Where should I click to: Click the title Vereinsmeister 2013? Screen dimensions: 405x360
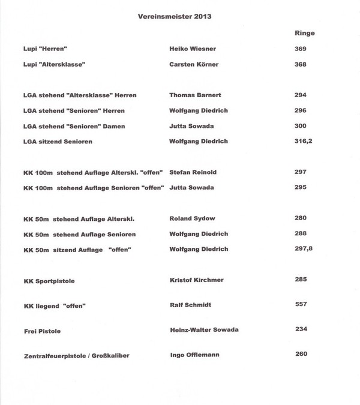pos(174,17)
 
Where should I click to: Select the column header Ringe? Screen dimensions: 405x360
pos(305,33)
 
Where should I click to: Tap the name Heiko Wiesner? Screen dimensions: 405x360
pos(192,49)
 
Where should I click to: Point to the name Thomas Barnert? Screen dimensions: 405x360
pos(194,95)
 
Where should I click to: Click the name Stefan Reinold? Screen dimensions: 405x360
pos(193,172)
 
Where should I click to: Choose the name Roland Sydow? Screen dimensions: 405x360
pos(192,219)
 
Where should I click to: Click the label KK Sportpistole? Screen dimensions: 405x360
pos(49,281)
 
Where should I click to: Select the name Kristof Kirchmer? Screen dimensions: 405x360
pos(196,280)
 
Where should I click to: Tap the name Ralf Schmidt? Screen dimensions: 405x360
pos(190,305)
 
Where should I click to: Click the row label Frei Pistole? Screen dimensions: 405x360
pos(42,331)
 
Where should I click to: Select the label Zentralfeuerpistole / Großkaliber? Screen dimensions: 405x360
pos(77,356)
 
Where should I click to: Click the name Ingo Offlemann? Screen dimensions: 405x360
pos(195,355)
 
